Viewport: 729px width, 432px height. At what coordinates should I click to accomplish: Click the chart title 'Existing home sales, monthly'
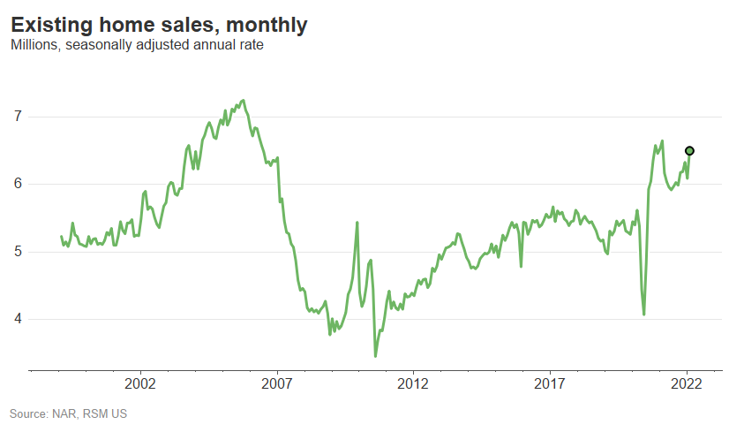(159, 26)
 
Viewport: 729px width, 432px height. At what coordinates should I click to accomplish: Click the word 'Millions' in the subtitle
(33, 45)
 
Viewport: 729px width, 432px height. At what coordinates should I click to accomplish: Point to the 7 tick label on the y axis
(17, 117)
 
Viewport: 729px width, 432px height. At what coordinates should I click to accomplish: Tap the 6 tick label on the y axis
(17, 184)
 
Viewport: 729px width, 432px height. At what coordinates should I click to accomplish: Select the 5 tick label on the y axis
(17, 252)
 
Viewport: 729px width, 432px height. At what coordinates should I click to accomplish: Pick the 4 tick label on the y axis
(17, 319)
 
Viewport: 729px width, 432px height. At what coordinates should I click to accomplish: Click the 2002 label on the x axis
(140, 384)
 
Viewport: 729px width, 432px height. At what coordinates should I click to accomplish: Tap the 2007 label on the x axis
(277, 384)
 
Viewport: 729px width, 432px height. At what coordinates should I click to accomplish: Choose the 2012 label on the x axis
(413, 384)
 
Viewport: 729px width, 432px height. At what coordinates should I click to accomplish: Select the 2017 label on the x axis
(550, 384)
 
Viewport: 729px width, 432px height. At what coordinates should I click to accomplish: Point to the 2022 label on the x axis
(687, 384)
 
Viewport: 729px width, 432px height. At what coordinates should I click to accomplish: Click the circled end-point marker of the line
(690, 151)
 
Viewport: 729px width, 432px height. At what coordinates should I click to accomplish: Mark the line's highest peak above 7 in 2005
(243, 100)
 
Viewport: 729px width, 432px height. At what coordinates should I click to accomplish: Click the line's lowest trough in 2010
(375, 356)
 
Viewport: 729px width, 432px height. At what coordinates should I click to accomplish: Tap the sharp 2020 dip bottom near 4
(644, 314)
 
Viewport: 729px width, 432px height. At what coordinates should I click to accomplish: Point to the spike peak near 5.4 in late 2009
(357, 223)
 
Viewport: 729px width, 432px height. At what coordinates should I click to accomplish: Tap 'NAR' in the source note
(68, 413)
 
